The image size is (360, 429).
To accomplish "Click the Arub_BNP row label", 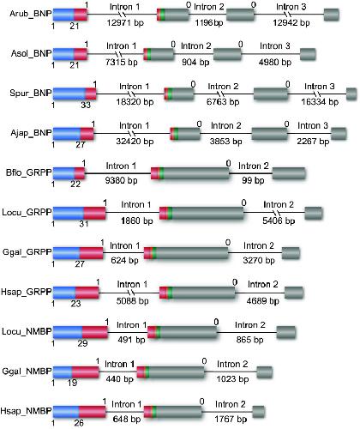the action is pos(31,14).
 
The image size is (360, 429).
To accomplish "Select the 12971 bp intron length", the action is pos(125,22).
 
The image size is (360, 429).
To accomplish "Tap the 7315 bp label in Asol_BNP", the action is pos(122,62).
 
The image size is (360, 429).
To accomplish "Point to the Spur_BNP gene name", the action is pos(31,93).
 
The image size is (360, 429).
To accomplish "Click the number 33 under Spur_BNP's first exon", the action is pos(86,105).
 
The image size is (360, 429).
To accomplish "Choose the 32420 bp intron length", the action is pos(135,142).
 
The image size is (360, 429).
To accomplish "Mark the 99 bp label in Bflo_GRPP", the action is pos(253,180).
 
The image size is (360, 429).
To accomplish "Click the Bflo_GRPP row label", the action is pos(29,172).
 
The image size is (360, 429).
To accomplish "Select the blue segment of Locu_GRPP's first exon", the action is pos(69,213).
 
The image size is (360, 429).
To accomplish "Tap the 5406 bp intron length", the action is pos(279,221).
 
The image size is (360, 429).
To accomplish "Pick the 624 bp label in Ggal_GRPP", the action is pos(124,260).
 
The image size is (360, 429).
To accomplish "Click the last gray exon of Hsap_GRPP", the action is pos(294,293).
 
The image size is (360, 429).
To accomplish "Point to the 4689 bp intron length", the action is pos(263,300).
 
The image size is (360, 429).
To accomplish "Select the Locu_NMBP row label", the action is pos(27,331).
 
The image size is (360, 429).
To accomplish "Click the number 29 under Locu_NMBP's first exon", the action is pos(82,343).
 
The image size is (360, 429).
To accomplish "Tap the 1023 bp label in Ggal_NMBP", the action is pos(232,379).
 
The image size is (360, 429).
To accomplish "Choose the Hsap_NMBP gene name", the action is pos(26,411).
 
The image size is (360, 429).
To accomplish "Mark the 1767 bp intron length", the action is pos(231,419).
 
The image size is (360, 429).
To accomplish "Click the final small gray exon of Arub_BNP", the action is pos(332,15).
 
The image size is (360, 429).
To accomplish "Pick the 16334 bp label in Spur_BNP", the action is pos(320,101).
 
